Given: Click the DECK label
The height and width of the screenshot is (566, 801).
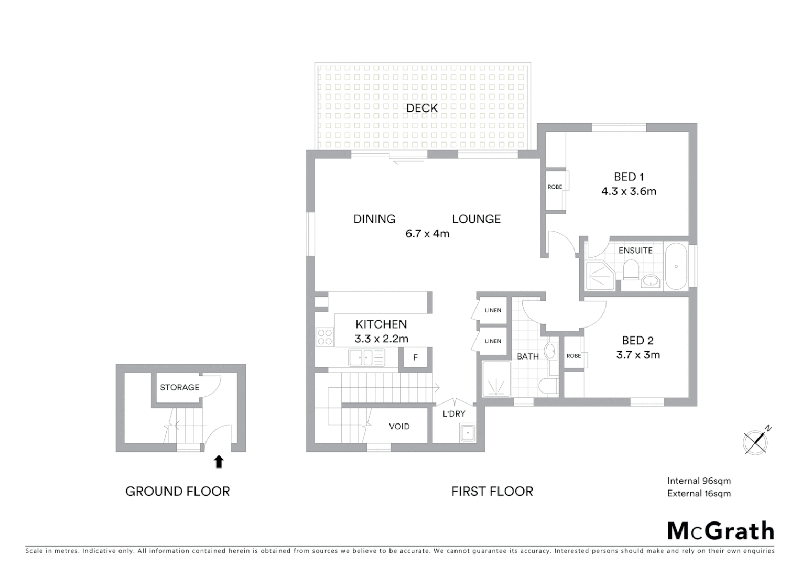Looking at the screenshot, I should coord(422,108).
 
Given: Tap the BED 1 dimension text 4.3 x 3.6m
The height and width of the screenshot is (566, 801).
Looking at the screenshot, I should coord(629,191).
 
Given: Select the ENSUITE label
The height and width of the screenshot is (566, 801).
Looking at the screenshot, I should coord(635,251).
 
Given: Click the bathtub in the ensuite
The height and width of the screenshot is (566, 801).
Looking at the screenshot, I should coord(676,266).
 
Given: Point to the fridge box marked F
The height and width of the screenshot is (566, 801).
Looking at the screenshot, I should coord(415,358).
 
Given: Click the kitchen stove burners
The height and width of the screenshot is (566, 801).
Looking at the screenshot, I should coord(325,336).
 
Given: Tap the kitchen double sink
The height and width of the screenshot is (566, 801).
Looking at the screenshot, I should coord(366,357).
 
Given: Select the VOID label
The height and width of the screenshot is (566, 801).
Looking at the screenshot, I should coord(399,427).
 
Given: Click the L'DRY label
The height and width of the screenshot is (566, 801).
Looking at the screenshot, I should coord(454,414).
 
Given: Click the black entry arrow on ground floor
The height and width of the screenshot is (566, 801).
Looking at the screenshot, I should coord(219,462).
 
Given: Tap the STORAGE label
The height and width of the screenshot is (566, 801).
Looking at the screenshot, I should coord(179,388).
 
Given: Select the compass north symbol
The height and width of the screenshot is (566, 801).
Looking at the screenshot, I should coord(756,441).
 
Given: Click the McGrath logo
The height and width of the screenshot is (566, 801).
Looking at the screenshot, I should coord(721,531).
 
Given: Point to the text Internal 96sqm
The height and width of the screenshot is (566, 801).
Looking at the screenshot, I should coord(699,481).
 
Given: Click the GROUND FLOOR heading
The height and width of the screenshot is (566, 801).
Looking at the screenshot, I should coord(178,492).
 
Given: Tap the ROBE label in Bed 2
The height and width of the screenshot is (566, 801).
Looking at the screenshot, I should coord(573,356).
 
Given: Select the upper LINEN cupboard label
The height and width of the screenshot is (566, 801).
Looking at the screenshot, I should coord(493,310).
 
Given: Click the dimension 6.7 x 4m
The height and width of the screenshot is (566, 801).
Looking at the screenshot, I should coord(427,234).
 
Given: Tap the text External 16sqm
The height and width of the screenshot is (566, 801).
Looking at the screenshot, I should coord(699,493).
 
